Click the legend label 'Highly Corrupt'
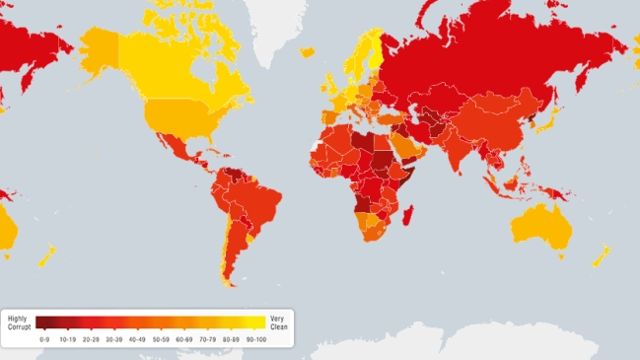18,323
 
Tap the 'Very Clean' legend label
279,323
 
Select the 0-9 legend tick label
44,339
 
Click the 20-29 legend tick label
90,339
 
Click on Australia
543,228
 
